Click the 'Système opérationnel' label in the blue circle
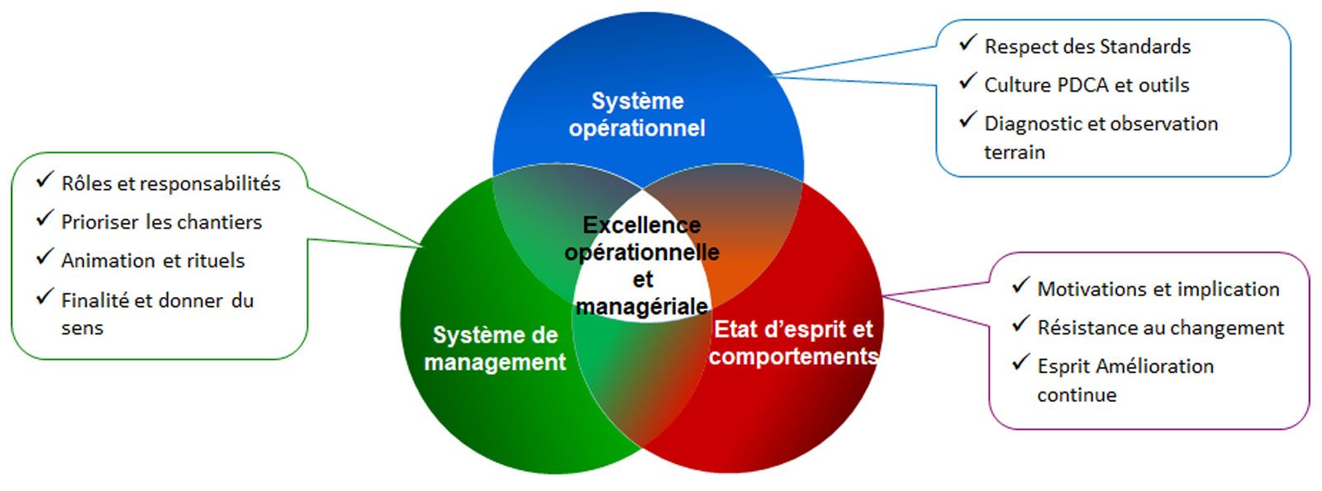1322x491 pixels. pos(637,115)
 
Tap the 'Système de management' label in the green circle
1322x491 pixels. pos(495,348)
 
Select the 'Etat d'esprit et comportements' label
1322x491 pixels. pos(793,342)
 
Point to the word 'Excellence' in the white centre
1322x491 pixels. pos(642,224)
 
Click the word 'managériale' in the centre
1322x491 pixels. pos(642,306)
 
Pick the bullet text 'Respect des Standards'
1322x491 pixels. pos(1087,47)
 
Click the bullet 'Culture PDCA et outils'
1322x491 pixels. pos(1087,85)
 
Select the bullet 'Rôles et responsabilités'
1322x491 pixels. pos(171,183)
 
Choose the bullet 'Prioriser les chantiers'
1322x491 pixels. pos(161,222)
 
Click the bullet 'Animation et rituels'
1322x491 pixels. pos(153,261)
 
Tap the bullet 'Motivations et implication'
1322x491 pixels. pos(1158,290)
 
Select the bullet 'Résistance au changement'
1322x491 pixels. pos(1161,328)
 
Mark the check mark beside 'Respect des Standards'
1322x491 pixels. pos(968,43)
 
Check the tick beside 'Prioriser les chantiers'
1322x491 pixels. pos(45,219)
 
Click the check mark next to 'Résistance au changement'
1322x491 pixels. pos(1021,324)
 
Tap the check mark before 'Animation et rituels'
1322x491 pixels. pos(45,257)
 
